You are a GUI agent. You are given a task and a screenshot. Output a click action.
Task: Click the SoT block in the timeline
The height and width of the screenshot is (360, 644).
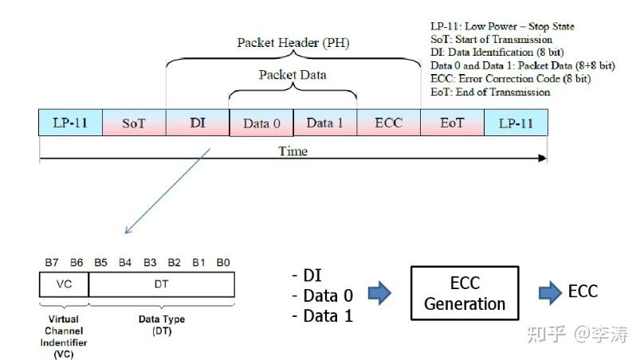click(134, 123)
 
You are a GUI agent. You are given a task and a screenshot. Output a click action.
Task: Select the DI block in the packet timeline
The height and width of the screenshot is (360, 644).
click(198, 123)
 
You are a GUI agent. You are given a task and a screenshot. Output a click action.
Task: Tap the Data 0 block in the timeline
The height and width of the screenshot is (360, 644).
click(261, 123)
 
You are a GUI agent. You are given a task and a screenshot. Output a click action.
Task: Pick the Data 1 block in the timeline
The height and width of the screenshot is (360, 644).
click(325, 123)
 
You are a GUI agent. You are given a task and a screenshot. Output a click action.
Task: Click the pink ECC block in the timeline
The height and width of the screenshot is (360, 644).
click(388, 123)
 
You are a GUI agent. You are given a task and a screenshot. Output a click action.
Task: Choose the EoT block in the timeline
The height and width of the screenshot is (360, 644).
click(452, 123)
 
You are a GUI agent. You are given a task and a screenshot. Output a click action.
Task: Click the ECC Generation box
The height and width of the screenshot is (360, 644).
click(465, 293)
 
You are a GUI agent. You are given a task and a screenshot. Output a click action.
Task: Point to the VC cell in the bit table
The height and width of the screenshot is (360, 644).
click(64, 284)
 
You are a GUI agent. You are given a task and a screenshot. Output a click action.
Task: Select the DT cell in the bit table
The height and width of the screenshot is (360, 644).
click(162, 284)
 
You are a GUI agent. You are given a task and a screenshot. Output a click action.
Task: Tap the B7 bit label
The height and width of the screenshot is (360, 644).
click(52, 262)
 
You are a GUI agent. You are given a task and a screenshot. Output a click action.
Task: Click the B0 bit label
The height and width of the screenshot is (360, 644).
click(223, 262)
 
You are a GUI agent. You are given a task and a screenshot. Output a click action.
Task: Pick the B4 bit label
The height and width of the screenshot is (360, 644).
click(125, 262)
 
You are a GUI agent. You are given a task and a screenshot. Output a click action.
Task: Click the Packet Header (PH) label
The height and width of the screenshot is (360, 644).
click(293, 43)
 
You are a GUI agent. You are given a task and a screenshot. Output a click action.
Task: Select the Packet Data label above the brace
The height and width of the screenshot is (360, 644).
click(293, 75)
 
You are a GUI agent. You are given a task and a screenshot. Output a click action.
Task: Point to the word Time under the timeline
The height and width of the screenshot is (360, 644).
click(293, 151)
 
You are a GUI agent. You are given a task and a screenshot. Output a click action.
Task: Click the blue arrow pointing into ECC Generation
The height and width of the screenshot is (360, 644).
click(379, 293)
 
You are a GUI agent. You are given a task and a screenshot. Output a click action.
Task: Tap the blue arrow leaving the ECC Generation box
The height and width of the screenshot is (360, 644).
click(551, 293)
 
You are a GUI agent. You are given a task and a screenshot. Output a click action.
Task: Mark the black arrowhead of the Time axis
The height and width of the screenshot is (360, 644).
click(543, 158)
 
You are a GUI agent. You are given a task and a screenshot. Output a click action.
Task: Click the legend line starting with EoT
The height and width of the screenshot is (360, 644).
click(490, 92)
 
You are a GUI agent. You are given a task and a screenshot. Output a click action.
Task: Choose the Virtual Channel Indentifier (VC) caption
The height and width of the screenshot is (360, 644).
click(64, 337)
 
